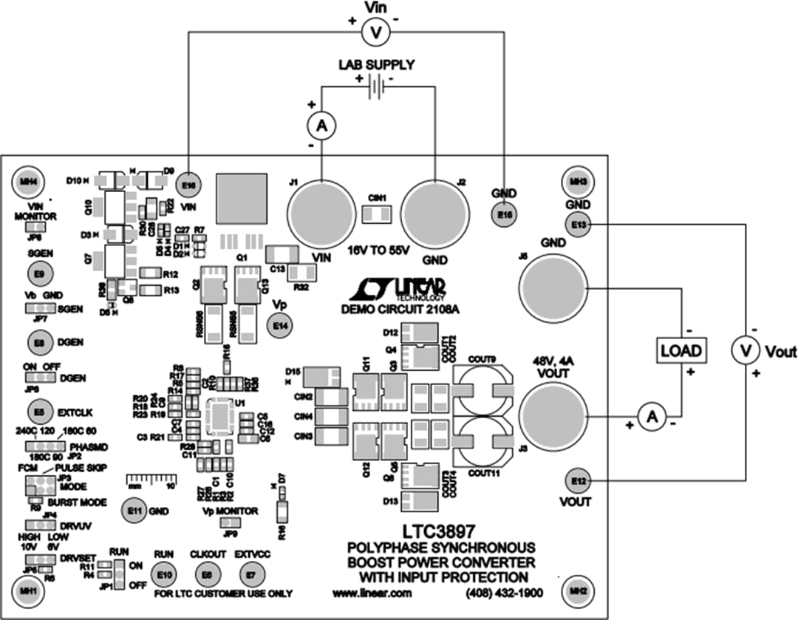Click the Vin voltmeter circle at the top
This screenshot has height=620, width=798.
[x=374, y=31]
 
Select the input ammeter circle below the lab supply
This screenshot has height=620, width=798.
[x=321, y=128]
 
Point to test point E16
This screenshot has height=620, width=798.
[x=189, y=185]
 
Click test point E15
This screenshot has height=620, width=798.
[x=504, y=214]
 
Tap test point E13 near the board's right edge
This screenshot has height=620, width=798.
[x=578, y=224]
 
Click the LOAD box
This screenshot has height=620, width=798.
[x=681, y=350]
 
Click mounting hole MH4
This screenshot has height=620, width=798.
[x=29, y=180]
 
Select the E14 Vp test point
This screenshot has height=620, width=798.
[x=279, y=325]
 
